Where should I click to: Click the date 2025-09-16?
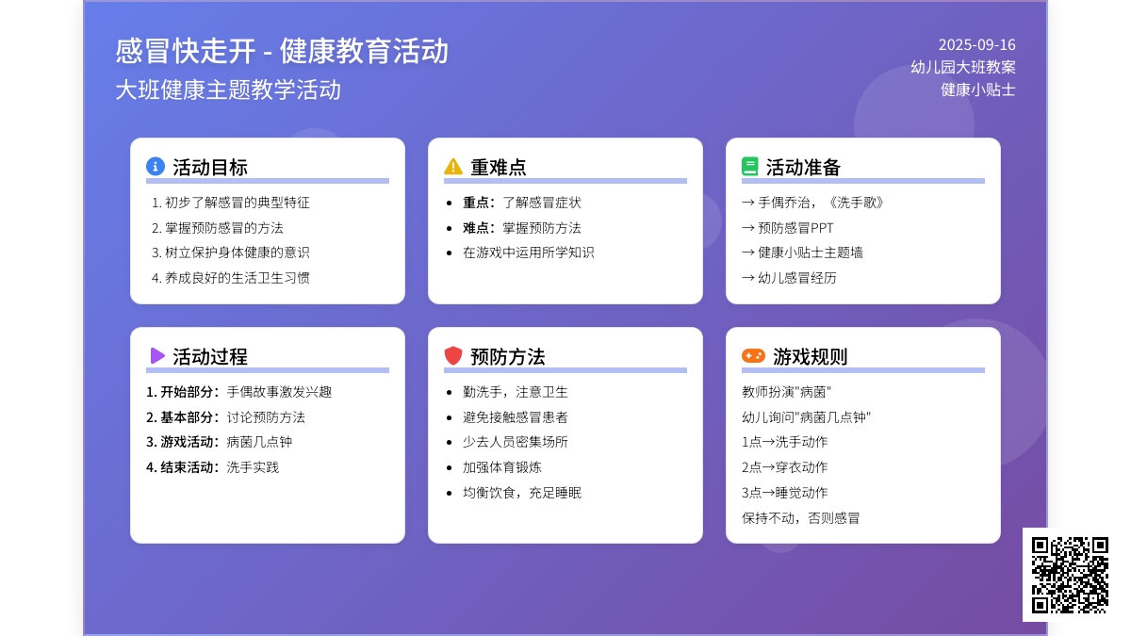pos(976,45)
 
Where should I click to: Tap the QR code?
pos(1070,575)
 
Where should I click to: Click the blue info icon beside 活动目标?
pos(155,166)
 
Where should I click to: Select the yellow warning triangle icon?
pos(453,166)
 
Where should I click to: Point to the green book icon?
pos(750,167)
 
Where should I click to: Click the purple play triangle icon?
pos(157,356)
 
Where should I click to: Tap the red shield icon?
pos(453,356)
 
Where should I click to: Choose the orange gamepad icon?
pos(753,356)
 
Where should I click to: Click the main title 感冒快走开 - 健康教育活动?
pos(282,51)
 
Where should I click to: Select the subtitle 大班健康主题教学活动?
pos(228,90)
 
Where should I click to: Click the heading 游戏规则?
pos(810,356)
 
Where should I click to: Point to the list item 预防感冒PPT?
pos(795,228)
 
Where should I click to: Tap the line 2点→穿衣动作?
pos(784,467)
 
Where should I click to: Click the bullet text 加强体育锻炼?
pos(501,467)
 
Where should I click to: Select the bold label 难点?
pos(476,228)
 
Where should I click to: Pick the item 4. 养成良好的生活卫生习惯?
pos(231,278)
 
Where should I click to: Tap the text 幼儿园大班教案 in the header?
pos(963,67)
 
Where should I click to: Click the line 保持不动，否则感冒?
pos(800,518)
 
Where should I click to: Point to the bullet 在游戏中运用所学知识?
pos(528,253)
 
